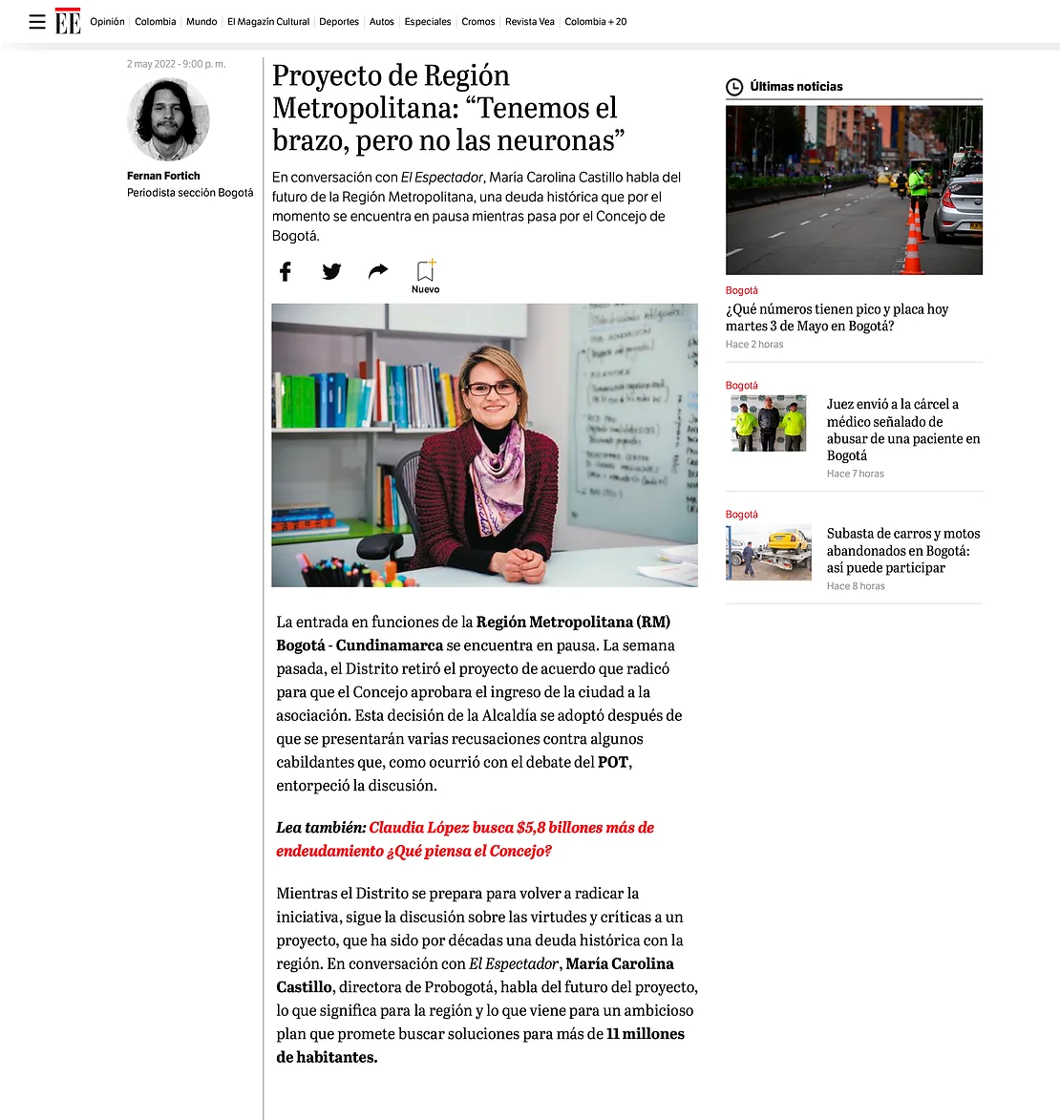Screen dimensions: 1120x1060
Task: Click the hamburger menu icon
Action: tap(37, 22)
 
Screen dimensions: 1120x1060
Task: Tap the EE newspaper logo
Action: tap(68, 21)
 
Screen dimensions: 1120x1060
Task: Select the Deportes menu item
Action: tap(339, 22)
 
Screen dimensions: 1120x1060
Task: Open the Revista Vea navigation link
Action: tap(529, 22)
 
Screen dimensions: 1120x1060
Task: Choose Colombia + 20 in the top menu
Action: tap(595, 22)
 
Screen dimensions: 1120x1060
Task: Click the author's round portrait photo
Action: tap(168, 119)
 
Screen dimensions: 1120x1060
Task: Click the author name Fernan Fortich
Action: tap(163, 176)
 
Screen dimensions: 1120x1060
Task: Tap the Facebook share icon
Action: tap(285, 271)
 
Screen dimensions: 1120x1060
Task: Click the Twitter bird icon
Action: tap(331, 271)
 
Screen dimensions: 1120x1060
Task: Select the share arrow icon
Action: tap(378, 271)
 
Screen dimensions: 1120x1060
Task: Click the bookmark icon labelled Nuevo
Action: tap(425, 271)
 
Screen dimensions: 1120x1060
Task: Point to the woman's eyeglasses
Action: tap(491, 389)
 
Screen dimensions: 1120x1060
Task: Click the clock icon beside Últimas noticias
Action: tap(734, 87)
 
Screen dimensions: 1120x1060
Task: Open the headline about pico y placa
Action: tap(837, 317)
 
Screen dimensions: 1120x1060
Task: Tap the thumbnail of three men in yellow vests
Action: tap(769, 423)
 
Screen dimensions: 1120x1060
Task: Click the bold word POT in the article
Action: tap(613, 762)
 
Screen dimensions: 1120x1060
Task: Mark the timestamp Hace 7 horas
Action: tap(855, 474)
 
